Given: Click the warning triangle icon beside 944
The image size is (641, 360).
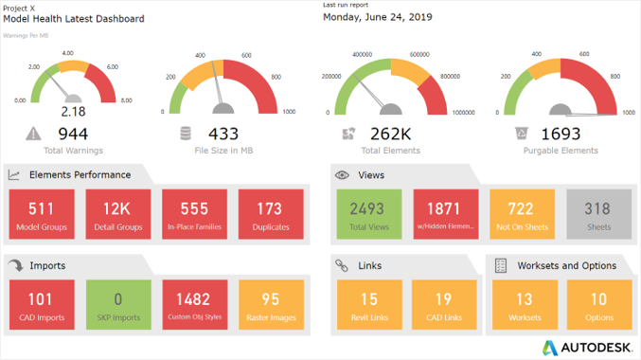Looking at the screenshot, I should (34, 134).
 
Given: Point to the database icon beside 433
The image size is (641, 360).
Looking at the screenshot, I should (186, 135).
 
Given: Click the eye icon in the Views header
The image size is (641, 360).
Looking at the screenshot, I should (342, 175).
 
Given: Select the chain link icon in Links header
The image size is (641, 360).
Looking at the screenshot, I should (342, 266).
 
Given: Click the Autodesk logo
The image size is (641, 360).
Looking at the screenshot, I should (588, 346).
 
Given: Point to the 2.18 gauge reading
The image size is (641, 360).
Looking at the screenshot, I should (73, 112).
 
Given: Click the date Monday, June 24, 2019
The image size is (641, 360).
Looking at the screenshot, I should (377, 17).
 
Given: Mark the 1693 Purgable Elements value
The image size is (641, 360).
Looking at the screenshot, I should (561, 135).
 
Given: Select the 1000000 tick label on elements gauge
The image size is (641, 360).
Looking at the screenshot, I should (463, 112).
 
